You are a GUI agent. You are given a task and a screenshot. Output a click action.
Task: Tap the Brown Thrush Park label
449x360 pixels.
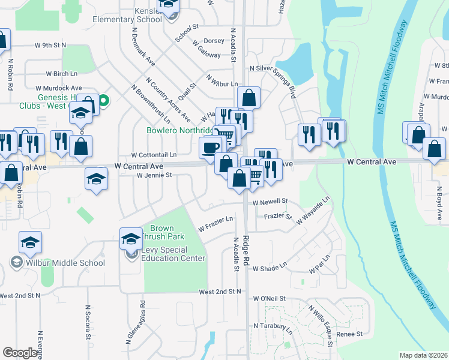click(x=161, y=232)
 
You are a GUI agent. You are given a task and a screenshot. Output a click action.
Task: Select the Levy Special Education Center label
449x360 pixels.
click(x=173, y=254)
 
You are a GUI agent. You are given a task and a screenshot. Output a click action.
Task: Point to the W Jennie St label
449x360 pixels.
click(x=154, y=175)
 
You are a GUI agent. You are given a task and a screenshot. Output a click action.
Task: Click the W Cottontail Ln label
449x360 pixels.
click(x=154, y=154)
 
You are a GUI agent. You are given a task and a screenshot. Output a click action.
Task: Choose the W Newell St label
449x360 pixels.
click(x=270, y=202)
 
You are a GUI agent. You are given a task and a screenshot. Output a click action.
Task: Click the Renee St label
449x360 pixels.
click(x=350, y=334)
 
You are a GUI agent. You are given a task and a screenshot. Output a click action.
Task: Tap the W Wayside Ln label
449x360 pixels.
click(x=313, y=211)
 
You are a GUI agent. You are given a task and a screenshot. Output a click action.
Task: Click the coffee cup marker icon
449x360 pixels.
click(x=211, y=148)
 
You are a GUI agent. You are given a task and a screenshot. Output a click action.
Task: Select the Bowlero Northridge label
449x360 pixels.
click(x=180, y=130)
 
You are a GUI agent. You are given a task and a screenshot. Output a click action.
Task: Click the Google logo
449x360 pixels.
click(x=20, y=353)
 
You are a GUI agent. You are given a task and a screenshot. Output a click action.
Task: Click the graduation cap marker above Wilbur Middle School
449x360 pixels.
click(x=30, y=243)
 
